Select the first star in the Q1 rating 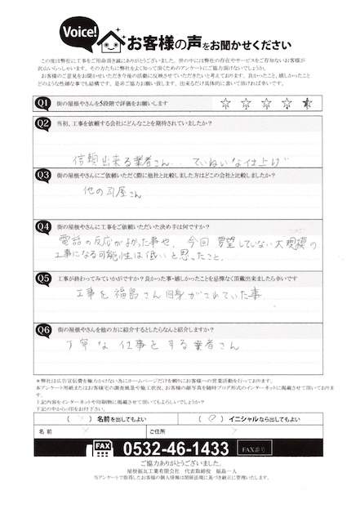224,104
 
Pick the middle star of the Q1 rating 265,104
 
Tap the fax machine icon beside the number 103,448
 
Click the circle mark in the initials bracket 212,417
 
